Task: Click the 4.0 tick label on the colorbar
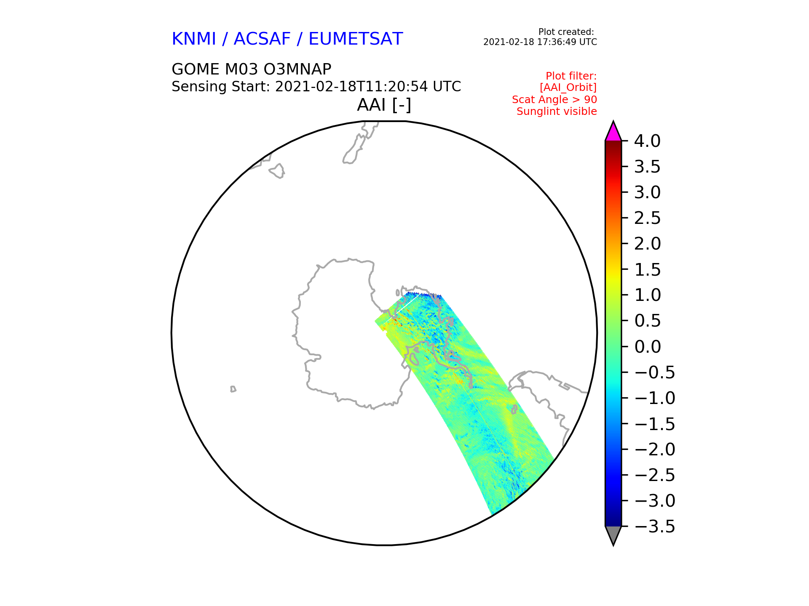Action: click(647, 141)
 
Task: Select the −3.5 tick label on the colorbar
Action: click(654, 526)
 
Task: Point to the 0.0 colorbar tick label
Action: click(647, 347)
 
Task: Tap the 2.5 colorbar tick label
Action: click(647, 218)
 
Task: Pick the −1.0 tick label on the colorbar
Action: click(654, 398)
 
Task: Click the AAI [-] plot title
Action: click(384, 105)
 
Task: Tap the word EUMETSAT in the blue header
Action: click(356, 39)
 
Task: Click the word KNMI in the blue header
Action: click(194, 39)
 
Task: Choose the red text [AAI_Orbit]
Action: click(568, 88)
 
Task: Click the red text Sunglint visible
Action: click(557, 112)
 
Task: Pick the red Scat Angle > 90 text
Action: click(555, 100)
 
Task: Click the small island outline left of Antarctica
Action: click(233, 389)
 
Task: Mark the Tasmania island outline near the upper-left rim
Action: click(277, 171)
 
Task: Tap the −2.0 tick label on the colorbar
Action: click(654, 449)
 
